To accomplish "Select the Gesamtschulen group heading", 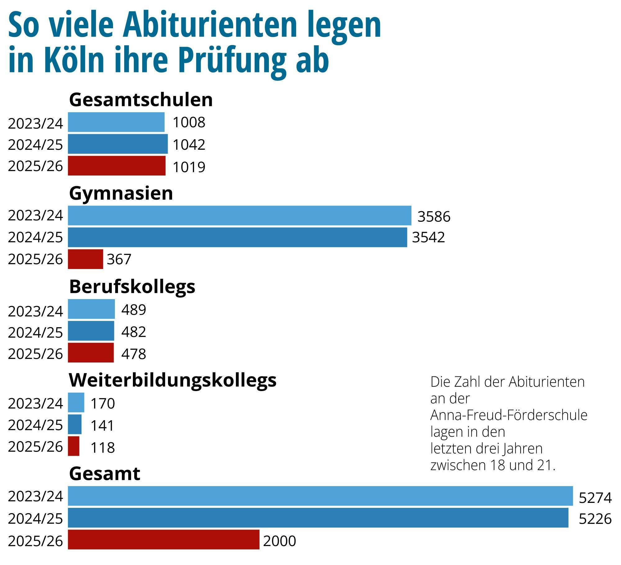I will click(x=141, y=100).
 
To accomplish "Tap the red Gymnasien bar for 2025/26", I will click(x=85, y=259).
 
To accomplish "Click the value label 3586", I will click(x=434, y=216).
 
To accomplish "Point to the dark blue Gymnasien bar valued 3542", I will click(x=238, y=237).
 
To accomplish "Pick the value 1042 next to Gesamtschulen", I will click(x=189, y=145).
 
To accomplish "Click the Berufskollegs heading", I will click(x=132, y=287).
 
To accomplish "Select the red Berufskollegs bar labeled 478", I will click(x=91, y=353).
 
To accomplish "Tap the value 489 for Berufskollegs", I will click(x=134, y=310).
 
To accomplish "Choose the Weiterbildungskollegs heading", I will click(x=172, y=380).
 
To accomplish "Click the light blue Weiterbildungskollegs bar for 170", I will click(x=76, y=403).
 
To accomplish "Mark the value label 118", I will click(x=102, y=448).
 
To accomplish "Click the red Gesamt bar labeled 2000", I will click(x=164, y=540).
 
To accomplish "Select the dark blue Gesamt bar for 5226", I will click(x=318, y=518).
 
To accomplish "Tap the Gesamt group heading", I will click(x=105, y=474).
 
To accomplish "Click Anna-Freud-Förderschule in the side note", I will click(x=509, y=415).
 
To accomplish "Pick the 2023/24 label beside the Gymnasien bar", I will click(x=35, y=216).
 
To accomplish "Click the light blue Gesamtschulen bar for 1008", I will click(x=116, y=122).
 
